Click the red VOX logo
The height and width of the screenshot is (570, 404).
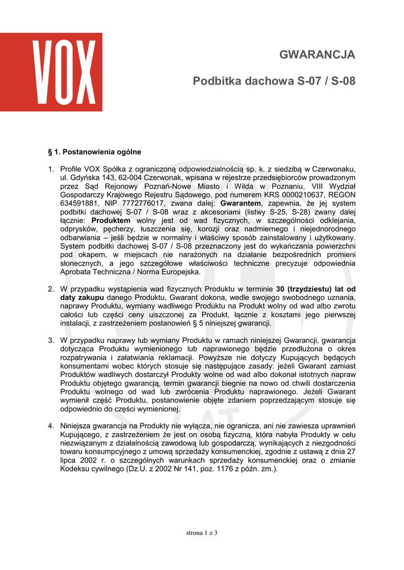[51, 72]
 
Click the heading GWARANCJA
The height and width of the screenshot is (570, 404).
[317, 55]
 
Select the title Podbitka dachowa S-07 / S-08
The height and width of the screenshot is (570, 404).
[274, 81]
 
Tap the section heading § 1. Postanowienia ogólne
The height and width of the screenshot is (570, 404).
[95, 151]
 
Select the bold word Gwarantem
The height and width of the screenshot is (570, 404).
[241, 203]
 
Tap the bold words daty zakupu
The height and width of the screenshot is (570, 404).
[82, 298]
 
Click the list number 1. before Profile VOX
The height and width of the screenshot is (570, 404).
[51, 169]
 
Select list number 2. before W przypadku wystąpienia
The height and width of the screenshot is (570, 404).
[51, 289]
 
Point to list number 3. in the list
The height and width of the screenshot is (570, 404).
[51, 340]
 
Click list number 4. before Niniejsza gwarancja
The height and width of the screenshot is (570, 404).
[51, 426]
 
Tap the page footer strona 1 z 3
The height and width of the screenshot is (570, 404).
[202, 533]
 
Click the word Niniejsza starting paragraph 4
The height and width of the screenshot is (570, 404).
[77, 426]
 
